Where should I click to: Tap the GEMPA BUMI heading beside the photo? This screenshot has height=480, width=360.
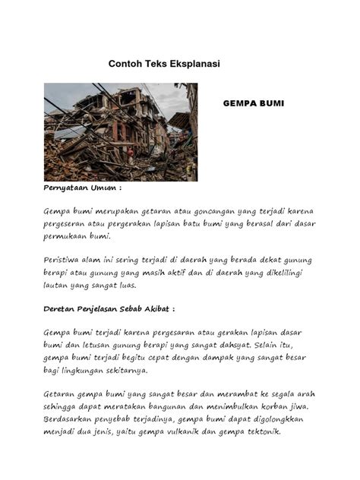pos(253,103)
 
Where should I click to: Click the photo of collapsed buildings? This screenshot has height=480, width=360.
pos(120,131)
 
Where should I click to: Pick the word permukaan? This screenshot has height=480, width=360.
pos(67,236)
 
